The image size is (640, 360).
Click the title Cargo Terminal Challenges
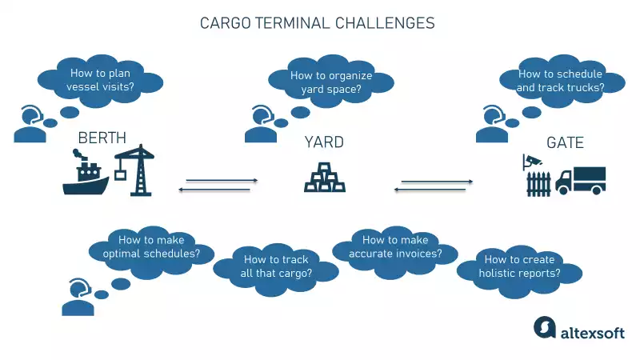click(x=317, y=23)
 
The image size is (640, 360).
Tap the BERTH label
click(x=102, y=139)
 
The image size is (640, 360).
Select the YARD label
click(x=324, y=142)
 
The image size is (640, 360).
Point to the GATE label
click(x=565, y=142)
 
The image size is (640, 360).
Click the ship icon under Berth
click(x=86, y=178)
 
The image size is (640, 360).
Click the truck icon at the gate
click(x=582, y=180)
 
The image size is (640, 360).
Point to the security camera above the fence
click(x=530, y=160)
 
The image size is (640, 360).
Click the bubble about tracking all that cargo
click(x=277, y=266)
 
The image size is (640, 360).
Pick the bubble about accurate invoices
click(x=394, y=248)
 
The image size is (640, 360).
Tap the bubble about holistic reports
click(x=518, y=266)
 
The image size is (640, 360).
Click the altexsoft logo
click(x=580, y=330)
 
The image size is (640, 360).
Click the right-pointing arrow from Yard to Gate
click(x=436, y=182)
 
